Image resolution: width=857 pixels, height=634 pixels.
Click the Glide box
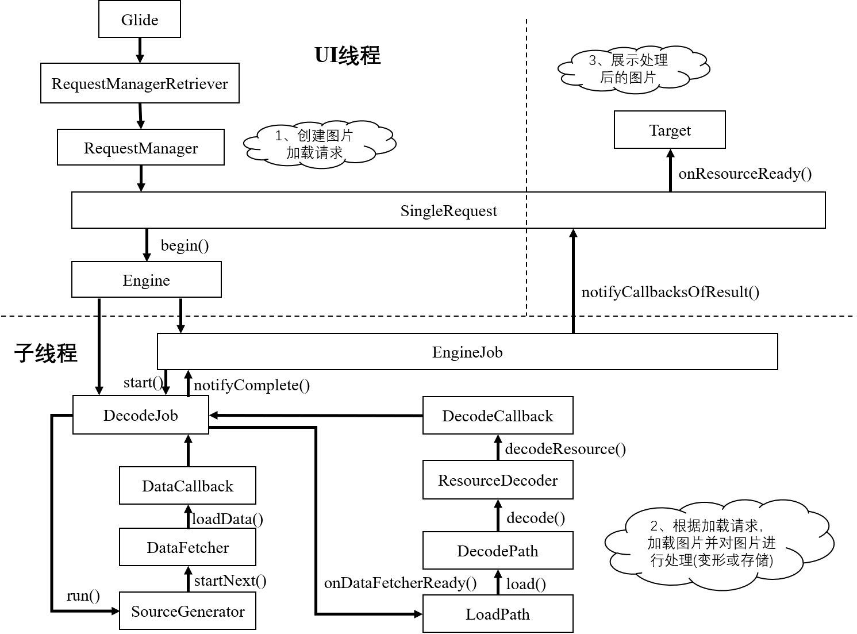140,20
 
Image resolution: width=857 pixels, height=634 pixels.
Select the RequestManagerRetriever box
140,83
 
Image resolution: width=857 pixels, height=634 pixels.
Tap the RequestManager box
141,148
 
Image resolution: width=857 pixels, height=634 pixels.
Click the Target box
670,130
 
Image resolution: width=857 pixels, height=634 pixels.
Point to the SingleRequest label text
448,211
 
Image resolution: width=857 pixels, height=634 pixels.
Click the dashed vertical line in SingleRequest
526,210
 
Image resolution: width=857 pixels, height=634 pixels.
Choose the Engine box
147,280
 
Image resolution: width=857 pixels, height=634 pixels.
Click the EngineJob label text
467,352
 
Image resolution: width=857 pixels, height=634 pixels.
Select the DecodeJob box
141,415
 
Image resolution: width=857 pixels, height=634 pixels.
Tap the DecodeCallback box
498,416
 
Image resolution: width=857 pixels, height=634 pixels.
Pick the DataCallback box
187,486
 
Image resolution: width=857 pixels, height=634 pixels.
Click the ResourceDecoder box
498,480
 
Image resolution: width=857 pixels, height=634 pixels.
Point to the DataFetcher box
187,547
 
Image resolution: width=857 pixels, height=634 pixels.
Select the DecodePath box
498,551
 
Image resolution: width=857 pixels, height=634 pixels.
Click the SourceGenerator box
187,611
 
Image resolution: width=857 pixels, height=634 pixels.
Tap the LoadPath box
498,614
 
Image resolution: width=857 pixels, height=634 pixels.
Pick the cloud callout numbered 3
632,68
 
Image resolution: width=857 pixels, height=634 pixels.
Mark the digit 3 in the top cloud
593,60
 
